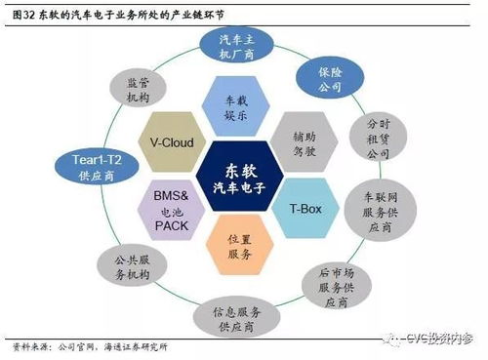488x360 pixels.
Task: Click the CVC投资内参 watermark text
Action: [x=435, y=337]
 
